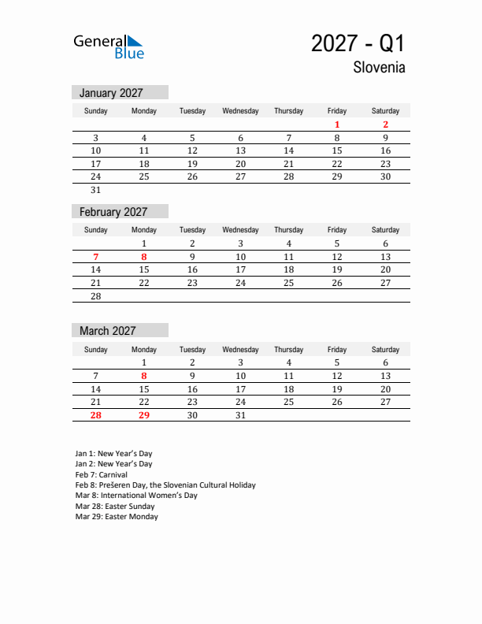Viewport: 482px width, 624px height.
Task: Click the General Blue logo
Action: (109, 46)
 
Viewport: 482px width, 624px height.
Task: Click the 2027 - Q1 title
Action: (358, 43)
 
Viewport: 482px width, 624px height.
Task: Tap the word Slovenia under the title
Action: (380, 68)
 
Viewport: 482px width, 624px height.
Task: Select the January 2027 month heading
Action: (111, 93)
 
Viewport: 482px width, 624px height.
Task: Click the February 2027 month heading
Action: (113, 212)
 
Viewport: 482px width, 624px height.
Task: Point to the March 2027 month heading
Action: (108, 331)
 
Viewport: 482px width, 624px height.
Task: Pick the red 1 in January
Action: (337, 124)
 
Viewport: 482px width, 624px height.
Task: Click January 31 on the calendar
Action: (96, 190)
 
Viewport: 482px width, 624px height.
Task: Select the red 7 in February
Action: (96, 257)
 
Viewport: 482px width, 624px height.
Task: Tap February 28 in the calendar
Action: (96, 296)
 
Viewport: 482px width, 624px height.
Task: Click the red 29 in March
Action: (144, 415)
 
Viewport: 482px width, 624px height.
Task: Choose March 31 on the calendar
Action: (241, 415)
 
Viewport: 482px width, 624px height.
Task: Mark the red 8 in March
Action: (144, 376)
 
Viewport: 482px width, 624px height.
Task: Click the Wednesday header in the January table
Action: (240, 111)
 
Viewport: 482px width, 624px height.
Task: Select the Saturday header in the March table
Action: (385, 349)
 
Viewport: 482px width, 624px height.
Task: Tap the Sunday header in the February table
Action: (96, 230)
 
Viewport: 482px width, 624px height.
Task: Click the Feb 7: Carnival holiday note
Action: (102, 475)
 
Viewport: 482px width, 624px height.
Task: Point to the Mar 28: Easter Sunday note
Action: (115, 507)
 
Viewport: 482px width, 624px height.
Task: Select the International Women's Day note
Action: (136, 496)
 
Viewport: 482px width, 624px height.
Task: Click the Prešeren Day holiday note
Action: (165, 485)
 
